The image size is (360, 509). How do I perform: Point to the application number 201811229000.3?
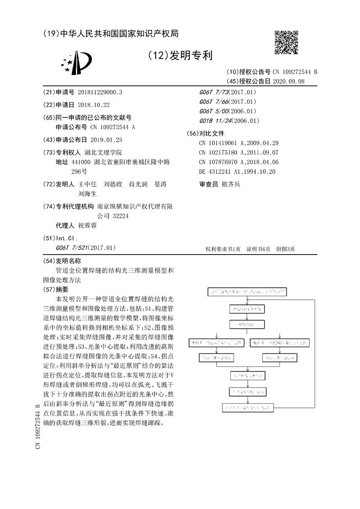(x=100, y=92)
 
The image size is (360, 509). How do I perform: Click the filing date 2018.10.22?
(x=94, y=105)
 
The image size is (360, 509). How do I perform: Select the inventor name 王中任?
(x=88, y=184)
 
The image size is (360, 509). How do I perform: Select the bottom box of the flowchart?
(x=247, y=408)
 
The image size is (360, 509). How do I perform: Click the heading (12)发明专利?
(x=180, y=56)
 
